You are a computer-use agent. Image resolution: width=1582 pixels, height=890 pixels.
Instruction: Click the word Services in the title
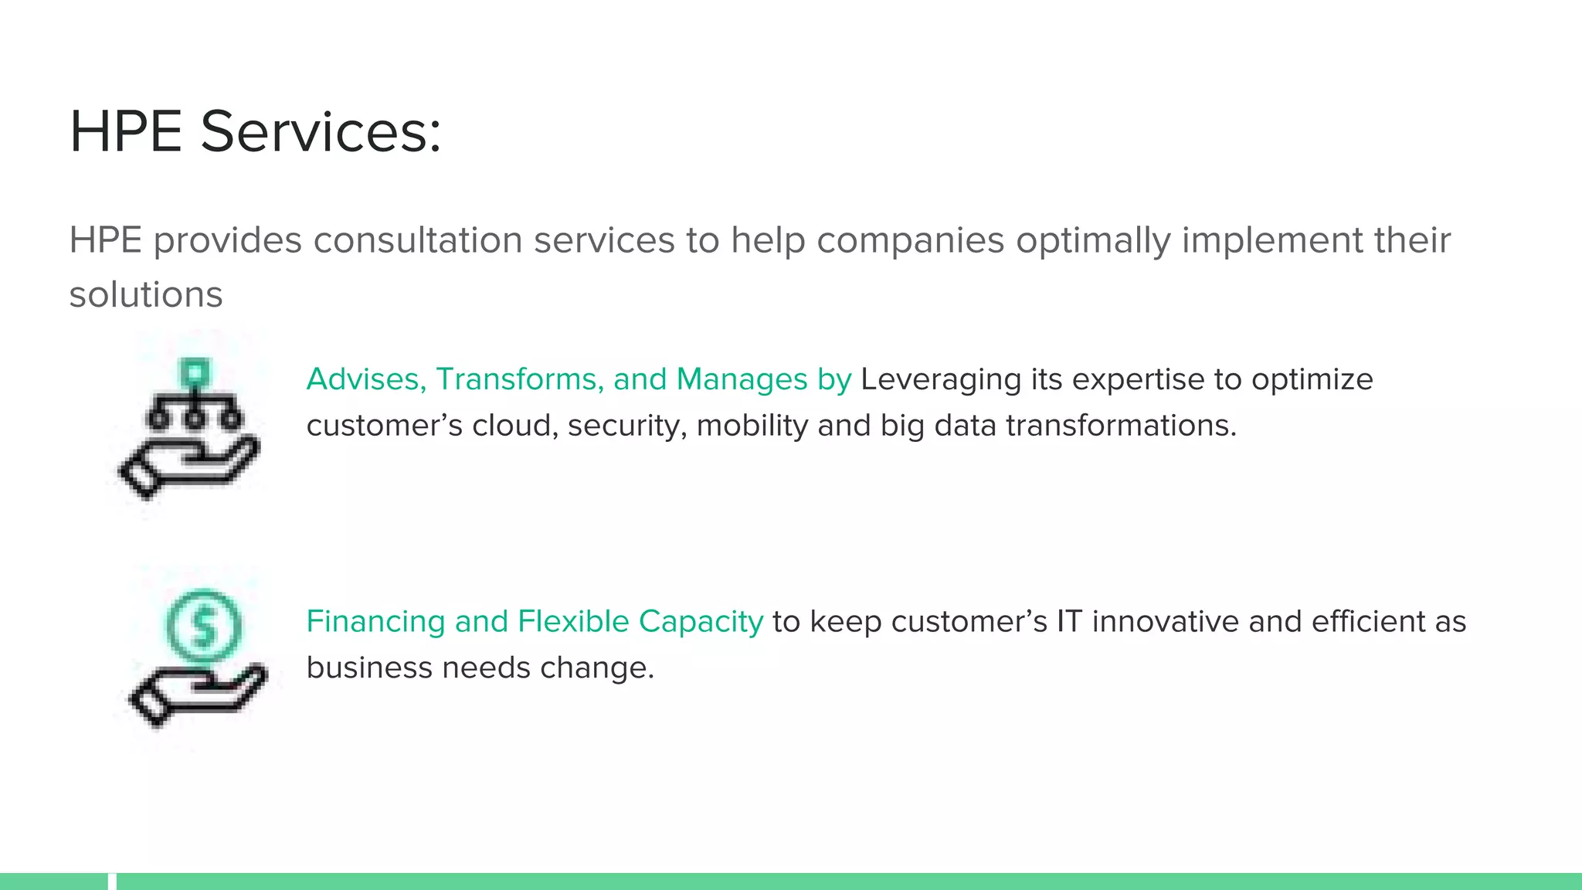(321, 132)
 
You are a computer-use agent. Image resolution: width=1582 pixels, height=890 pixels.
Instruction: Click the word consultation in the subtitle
(416, 240)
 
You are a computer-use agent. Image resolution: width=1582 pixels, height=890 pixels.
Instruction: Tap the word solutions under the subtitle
(146, 294)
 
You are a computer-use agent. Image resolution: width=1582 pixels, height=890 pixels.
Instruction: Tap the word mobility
(752, 426)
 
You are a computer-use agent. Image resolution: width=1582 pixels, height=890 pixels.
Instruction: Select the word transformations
(1121, 426)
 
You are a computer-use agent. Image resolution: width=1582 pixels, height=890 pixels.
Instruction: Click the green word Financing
(375, 622)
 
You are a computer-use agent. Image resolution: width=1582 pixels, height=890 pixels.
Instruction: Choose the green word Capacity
(701, 622)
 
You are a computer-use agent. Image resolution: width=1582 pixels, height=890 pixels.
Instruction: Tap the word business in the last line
(369, 668)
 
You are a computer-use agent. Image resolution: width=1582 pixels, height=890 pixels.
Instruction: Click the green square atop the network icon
(194, 373)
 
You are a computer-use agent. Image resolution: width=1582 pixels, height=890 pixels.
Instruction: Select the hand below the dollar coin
(198, 692)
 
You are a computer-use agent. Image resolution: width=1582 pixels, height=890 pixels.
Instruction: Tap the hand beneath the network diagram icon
(188, 464)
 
